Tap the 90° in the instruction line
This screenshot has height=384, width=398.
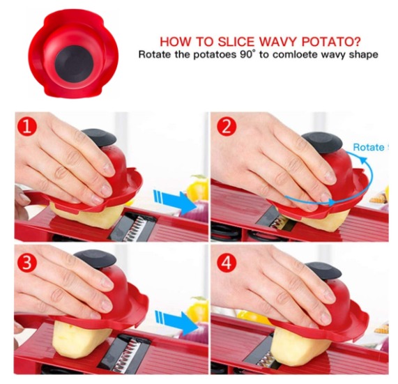pos(247,54)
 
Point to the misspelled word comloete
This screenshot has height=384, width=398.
pos(293,54)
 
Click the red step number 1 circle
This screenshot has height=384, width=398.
pos(27,127)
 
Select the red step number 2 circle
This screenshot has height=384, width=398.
pos(227,127)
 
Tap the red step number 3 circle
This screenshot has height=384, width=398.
pos(27,263)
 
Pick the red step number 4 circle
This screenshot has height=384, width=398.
pos(227,263)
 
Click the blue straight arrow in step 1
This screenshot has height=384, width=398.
pos(176,201)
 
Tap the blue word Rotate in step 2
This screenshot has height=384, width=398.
pos(369,147)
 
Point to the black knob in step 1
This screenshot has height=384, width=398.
pos(99,138)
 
